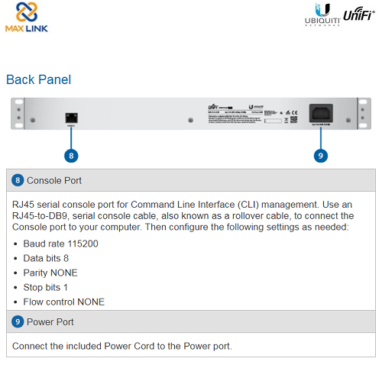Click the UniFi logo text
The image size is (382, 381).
[x=358, y=15]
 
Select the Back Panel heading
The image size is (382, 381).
[x=38, y=79]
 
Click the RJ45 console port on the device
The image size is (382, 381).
[x=71, y=117]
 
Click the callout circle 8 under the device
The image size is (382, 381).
[x=71, y=155]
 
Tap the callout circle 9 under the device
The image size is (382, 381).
[x=320, y=155]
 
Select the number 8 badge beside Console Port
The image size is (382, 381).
[x=18, y=181]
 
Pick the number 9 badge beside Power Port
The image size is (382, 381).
[x=18, y=322]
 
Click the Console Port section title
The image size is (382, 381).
[x=53, y=181]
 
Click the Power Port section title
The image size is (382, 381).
[x=50, y=322]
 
